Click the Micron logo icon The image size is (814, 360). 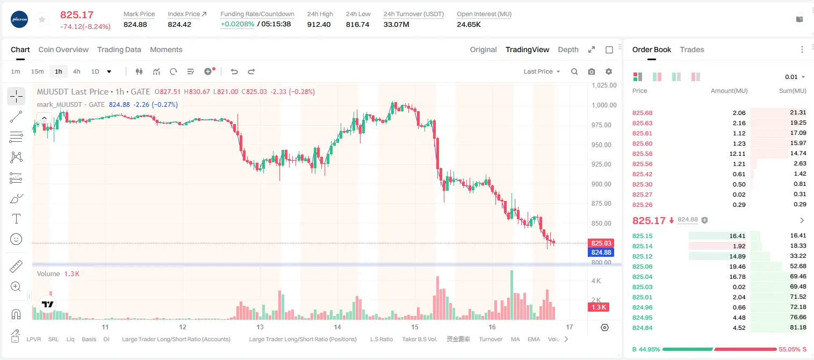click(x=19, y=19)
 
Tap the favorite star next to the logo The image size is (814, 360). click(x=42, y=19)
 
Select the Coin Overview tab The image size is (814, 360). click(x=63, y=49)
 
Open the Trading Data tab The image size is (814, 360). click(x=119, y=49)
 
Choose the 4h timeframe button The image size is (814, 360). click(x=76, y=71)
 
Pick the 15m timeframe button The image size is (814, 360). click(x=37, y=71)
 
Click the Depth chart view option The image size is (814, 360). click(x=568, y=49)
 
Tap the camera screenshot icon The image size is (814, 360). click(x=592, y=71)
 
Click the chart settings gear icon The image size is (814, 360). click(x=609, y=71)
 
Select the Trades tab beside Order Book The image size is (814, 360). click(x=692, y=49)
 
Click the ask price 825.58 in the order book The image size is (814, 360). click(x=642, y=154)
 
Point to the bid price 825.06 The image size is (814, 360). click(x=642, y=267)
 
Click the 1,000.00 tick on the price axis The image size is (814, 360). click(x=604, y=105)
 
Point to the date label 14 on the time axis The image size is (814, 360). click(x=337, y=327)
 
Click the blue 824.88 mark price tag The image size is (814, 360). click(x=601, y=252)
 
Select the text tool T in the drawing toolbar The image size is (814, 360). click(x=16, y=219)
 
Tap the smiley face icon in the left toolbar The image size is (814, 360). click(x=16, y=239)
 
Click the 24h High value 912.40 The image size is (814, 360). click(x=319, y=24)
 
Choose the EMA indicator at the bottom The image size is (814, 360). click(x=534, y=339)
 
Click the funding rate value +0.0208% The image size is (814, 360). click(x=237, y=24)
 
